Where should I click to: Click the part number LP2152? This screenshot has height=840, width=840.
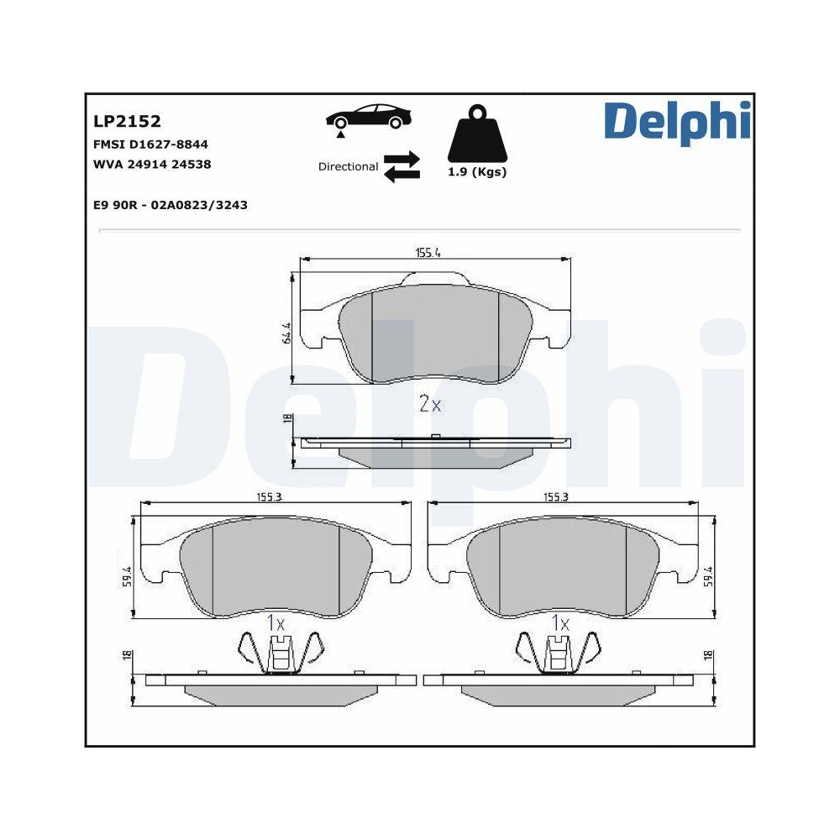click(126, 123)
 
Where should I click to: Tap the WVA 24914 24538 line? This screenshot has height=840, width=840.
click(151, 165)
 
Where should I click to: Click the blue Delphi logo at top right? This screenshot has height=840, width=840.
click(677, 122)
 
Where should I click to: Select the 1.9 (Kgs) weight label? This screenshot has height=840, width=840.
click(476, 172)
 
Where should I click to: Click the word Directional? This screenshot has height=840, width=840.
click(348, 166)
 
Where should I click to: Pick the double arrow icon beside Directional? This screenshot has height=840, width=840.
click(402, 165)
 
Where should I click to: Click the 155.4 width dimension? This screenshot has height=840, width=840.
click(428, 252)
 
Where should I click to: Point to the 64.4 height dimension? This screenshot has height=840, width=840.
click(286, 333)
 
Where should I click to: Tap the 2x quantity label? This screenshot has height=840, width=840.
click(430, 404)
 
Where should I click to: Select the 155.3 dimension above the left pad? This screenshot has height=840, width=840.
click(269, 497)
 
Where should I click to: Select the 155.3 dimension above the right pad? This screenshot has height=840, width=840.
click(556, 497)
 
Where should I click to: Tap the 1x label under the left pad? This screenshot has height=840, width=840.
click(276, 623)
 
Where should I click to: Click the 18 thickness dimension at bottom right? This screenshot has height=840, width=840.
click(709, 655)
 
